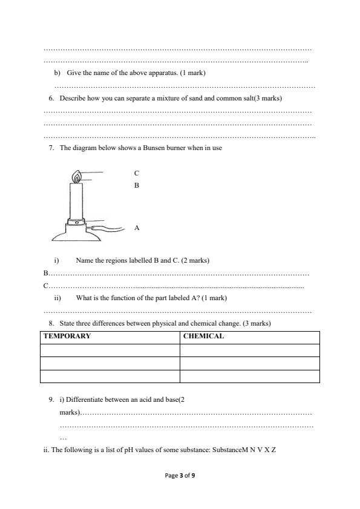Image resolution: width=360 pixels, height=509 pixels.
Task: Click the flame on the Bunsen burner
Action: (x=76, y=177)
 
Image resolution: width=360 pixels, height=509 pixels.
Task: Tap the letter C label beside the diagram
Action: (x=137, y=173)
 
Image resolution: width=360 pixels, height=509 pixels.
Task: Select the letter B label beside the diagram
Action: (x=137, y=185)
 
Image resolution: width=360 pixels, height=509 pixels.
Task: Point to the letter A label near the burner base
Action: (x=137, y=228)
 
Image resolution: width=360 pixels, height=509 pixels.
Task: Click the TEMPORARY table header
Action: (x=67, y=336)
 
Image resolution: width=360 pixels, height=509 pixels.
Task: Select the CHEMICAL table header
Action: (x=203, y=336)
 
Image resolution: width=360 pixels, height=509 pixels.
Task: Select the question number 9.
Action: (x=51, y=399)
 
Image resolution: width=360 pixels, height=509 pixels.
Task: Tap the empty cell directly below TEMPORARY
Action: (x=110, y=350)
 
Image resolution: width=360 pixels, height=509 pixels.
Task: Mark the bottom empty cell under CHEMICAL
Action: (x=249, y=376)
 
